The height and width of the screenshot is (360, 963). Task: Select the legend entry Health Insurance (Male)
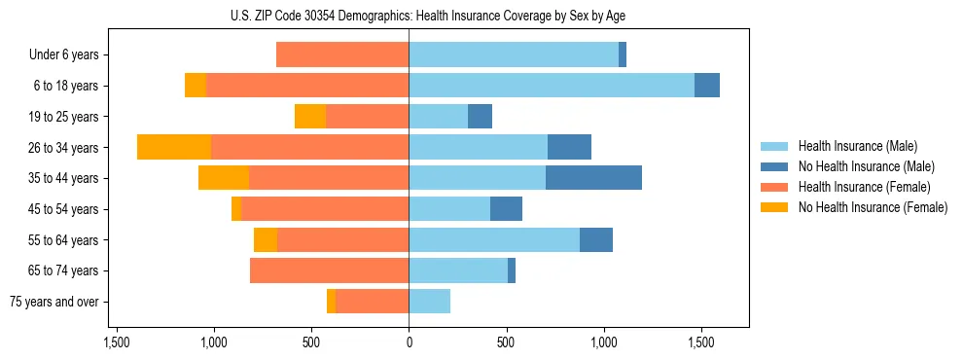coord(856,146)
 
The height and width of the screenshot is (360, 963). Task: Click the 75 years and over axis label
coord(53,302)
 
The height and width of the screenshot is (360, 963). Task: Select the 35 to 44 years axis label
coord(64,178)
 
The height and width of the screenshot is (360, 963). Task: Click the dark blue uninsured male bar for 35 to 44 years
coord(593,178)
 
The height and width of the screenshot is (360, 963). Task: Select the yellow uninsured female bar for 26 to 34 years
coord(174,147)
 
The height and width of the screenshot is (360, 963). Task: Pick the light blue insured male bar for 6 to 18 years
coord(552,86)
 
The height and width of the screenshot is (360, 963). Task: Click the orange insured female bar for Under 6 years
coord(342,54)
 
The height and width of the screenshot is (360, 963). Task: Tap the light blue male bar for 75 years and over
coord(429,302)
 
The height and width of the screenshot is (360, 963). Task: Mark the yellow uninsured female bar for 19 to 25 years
coord(310,116)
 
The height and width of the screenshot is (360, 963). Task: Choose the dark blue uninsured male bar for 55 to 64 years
coord(596,239)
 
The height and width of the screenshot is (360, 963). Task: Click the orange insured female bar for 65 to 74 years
coord(329,270)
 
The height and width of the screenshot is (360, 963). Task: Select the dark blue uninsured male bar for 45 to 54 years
coord(506,208)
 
